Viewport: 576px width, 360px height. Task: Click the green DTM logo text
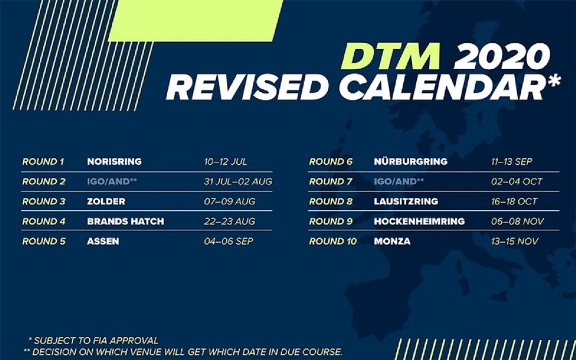390,56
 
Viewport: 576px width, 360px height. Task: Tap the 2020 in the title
502,56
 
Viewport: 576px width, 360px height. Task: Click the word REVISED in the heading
247,88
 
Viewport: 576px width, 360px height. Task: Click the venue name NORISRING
114,162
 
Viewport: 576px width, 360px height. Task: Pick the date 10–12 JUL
226,162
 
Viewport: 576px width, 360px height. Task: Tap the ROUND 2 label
44,181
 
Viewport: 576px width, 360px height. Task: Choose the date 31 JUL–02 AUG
238,181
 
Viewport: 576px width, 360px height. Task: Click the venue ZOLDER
106,201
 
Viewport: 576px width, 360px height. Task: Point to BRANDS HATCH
126,221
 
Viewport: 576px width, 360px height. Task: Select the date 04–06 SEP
229,241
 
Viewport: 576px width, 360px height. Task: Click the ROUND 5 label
44,241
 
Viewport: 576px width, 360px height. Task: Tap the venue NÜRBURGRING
411,161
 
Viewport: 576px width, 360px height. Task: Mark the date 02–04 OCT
517,181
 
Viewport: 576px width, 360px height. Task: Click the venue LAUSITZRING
406,201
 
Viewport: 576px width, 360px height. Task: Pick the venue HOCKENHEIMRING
419,221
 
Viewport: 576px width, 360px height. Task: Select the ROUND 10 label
333,241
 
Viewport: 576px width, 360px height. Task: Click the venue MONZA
392,241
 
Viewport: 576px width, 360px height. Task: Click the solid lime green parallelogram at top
195,21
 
